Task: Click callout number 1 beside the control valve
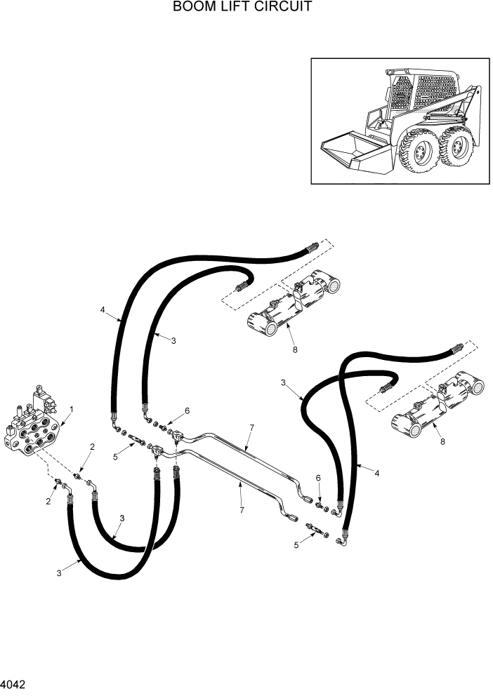point(71,409)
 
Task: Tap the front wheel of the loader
point(419,153)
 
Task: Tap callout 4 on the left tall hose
point(103,309)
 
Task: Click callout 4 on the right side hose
point(377,474)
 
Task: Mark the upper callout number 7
point(251,427)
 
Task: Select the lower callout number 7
point(242,510)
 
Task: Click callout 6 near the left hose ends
point(187,410)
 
